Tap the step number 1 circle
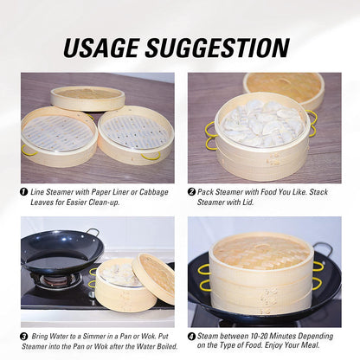tap(24, 191)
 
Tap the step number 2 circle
tap(192, 191)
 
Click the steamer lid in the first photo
tap(87, 97)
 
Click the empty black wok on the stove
tap(61, 252)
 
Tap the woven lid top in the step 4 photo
tap(260, 251)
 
